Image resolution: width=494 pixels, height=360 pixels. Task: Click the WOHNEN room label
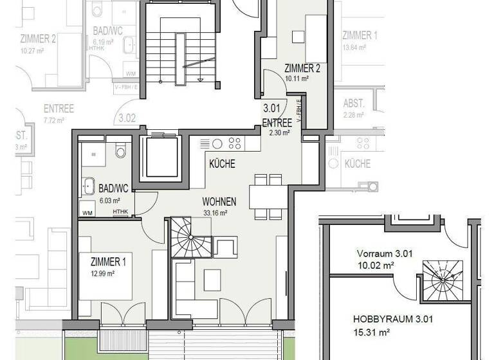click(x=219, y=202)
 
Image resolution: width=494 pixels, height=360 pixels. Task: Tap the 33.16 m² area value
click(x=219, y=213)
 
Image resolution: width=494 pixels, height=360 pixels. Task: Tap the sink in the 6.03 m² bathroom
click(x=88, y=186)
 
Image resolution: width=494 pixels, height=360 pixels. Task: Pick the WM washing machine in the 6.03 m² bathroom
click(x=87, y=212)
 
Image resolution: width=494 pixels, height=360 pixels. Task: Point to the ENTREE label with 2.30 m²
click(x=277, y=123)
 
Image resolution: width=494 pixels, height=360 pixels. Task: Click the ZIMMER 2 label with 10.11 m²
click(x=302, y=68)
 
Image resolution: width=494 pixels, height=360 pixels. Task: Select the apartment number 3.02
click(x=127, y=118)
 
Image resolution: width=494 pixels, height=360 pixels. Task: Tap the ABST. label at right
click(x=354, y=103)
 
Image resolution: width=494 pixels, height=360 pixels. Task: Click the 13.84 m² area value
click(x=354, y=47)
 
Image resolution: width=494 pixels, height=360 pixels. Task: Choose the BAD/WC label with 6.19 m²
click(x=103, y=31)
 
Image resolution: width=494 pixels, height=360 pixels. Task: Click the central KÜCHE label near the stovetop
click(x=222, y=164)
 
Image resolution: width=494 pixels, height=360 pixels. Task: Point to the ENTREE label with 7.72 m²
click(x=59, y=108)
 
